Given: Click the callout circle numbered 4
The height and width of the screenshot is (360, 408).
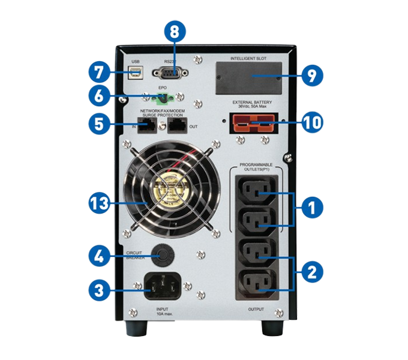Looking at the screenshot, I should tap(98, 256).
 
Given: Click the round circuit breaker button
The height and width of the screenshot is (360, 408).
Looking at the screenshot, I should tap(161, 255).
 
